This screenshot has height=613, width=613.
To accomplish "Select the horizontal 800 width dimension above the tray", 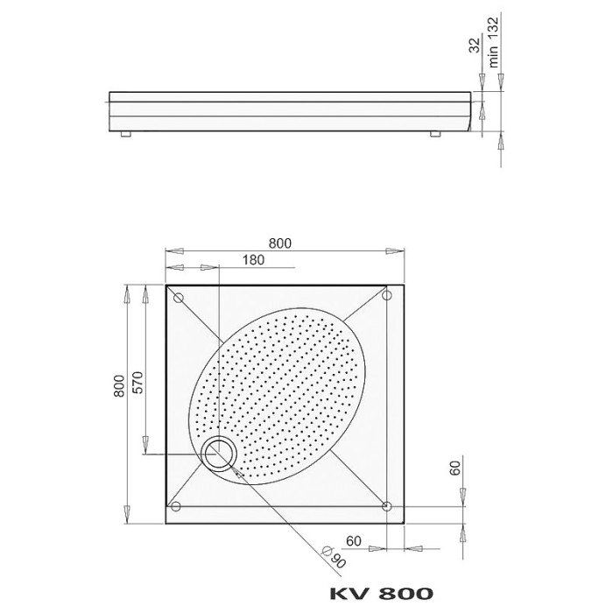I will (x=280, y=243).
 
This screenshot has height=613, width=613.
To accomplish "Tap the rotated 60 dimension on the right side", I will (x=454, y=467).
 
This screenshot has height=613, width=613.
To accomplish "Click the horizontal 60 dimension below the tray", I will (x=354, y=540).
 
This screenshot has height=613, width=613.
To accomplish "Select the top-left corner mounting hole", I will (x=179, y=298).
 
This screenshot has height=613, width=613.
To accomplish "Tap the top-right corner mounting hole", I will (x=386, y=298).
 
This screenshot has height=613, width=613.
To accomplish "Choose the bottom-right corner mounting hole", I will (x=386, y=506).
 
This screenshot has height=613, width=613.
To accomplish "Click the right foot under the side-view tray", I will (x=434, y=134).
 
